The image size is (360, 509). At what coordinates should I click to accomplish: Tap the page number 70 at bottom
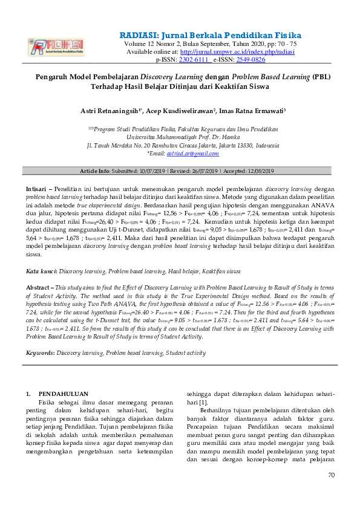coord(330,475)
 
